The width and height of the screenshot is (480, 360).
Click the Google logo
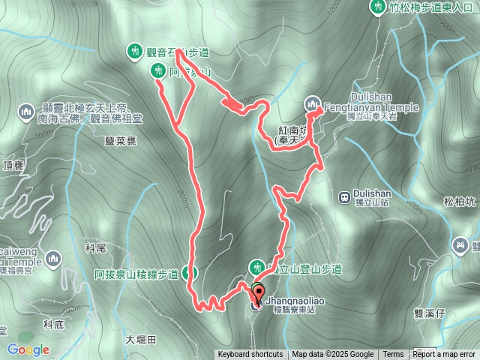click(28, 349)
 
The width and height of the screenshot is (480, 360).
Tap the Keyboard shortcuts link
click(250, 355)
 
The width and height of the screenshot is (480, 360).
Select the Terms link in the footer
click(393, 355)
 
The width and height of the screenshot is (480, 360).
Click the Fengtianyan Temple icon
click(313, 103)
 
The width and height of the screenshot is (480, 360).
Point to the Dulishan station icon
click(343, 197)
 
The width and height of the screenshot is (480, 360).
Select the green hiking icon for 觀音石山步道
click(135, 51)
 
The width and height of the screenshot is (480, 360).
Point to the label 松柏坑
click(458, 200)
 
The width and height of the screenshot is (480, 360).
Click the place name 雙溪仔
click(430, 315)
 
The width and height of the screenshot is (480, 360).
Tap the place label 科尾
click(97, 247)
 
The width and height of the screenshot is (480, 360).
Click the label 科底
click(55, 324)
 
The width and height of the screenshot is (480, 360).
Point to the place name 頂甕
click(14, 166)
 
